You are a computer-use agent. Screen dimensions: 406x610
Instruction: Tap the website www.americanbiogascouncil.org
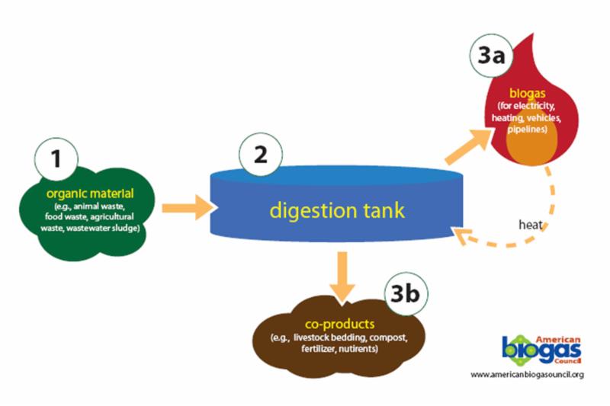point(527,375)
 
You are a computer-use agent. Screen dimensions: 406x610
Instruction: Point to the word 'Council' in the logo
point(568,363)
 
